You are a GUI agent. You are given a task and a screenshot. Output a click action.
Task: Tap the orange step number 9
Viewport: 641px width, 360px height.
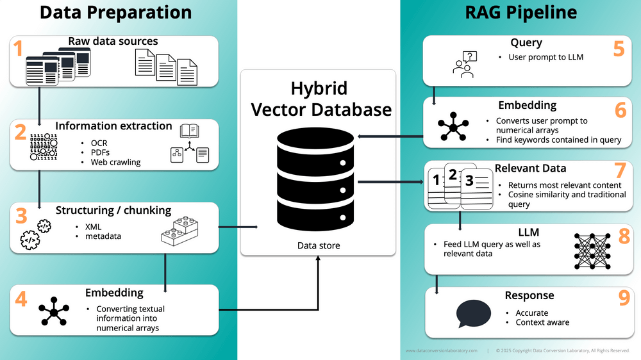624,300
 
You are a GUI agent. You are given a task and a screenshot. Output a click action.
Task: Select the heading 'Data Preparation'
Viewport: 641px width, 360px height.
115,12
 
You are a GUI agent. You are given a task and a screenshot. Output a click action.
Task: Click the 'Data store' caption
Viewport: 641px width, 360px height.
319,245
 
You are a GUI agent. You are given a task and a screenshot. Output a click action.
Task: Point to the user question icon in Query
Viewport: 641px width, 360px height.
463,65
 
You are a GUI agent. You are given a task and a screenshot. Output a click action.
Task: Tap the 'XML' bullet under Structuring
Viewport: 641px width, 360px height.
93,227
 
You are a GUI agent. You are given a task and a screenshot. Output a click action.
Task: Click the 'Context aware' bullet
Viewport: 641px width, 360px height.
542,322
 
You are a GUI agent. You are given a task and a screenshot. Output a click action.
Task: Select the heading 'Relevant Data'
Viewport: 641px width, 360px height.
530,168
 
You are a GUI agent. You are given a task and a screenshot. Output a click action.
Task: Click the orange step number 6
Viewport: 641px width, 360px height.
620,110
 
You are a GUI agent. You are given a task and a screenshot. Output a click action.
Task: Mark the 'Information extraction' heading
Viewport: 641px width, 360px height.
113,126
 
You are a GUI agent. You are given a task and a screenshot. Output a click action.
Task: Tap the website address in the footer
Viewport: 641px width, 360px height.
442,350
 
